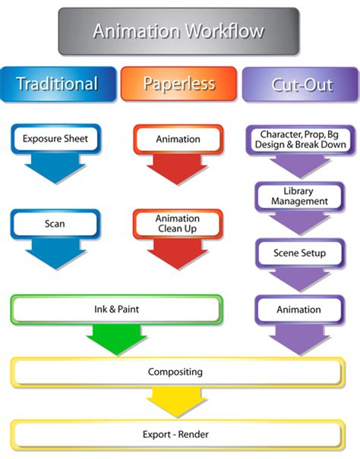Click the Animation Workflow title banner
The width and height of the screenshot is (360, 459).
[178, 31]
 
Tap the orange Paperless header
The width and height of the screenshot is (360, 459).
[179, 83]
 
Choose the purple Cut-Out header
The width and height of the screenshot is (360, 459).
[301, 84]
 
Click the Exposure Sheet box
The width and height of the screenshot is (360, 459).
[55, 140]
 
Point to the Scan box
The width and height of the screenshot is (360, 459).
[55, 224]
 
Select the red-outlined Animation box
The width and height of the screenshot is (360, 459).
[178, 140]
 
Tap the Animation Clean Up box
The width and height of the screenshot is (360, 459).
[178, 223]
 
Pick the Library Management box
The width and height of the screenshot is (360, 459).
[299, 196]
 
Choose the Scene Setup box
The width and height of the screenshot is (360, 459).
[299, 253]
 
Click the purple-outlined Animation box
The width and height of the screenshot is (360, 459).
[299, 310]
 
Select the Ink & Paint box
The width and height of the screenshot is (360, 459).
[116, 310]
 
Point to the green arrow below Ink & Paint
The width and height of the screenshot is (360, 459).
[116, 339]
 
